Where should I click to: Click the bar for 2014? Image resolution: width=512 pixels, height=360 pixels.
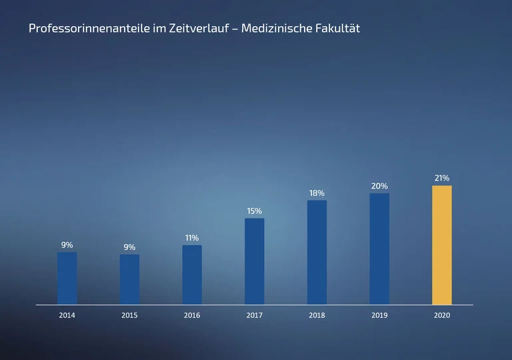(x=67, y=278)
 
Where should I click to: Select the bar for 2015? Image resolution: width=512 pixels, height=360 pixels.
(x=129, y=279)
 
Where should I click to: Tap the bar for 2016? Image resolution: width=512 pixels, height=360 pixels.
(x=192, y=275)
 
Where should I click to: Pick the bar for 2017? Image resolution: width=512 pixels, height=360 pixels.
(x=254, y=261)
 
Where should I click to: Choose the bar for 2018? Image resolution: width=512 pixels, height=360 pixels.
(x=317, y=252)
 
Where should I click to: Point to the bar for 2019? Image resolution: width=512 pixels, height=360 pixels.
(x=379, y=249)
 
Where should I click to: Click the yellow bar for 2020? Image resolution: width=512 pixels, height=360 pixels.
(x=441, y=245)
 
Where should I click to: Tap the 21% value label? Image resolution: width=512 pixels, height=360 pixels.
(x=441, y=178)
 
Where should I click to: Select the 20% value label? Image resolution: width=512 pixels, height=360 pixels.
(x=379, y=186)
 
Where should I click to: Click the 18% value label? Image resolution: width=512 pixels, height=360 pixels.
(x=317, y=193)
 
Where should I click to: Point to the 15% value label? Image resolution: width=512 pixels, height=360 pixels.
(x=254, y=211)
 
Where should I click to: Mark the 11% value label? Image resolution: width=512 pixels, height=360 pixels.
(x=192, y=238)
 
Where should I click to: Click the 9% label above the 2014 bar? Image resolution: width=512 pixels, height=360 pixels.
(x=67, y=245)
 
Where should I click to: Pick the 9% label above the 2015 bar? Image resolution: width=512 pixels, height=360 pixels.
(x=129, y=247)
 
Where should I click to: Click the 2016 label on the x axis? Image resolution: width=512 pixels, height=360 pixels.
(x=192, y=315)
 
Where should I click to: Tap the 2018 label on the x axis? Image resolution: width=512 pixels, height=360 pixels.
(x=317, y=315)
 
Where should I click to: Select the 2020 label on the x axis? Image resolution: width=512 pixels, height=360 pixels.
(x=441, y=315)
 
